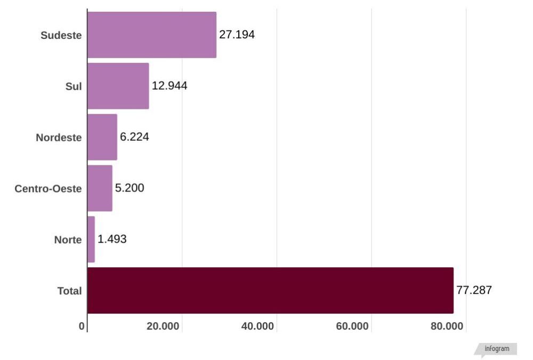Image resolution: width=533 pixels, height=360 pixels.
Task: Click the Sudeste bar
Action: [x=152, y=35]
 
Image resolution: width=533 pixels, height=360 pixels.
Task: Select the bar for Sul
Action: [x=118, y=86]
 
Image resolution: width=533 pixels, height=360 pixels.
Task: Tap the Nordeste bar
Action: [x=102, y=137]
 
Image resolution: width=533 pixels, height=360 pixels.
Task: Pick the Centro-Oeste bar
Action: [x=100, y=188]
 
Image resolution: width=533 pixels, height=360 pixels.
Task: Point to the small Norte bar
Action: [x=91, y=239]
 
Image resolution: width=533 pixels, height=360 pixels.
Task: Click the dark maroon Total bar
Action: [x=270, y=291]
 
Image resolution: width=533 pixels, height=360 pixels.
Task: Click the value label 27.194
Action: [x=237, y=35]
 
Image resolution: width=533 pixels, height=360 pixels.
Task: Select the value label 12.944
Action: [x=169, y=86]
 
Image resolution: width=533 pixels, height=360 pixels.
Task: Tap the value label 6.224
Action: [x=134, y=137]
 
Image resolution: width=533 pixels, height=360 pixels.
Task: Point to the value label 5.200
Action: [x=130, y=188]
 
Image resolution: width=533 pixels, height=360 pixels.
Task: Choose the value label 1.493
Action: [x=112, y=239]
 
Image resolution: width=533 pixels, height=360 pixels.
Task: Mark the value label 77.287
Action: [x=474, y=291]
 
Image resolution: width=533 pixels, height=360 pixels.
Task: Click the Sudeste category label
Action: [x=61, y=36]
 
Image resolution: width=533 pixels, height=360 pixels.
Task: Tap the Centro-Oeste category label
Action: [x=49, y=189]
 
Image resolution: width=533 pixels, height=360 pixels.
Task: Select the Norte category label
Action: [x=68, y=240]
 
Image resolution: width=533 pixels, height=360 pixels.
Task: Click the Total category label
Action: [x=70, y=291]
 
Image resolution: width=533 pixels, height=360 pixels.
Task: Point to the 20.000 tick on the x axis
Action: [x=163, y=326]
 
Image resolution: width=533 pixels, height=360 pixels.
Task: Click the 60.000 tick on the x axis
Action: [x=352, y=326]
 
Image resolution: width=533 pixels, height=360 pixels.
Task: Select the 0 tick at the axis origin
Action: [x=82, y=326]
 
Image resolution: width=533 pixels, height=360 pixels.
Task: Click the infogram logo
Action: [x=497, y=349]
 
